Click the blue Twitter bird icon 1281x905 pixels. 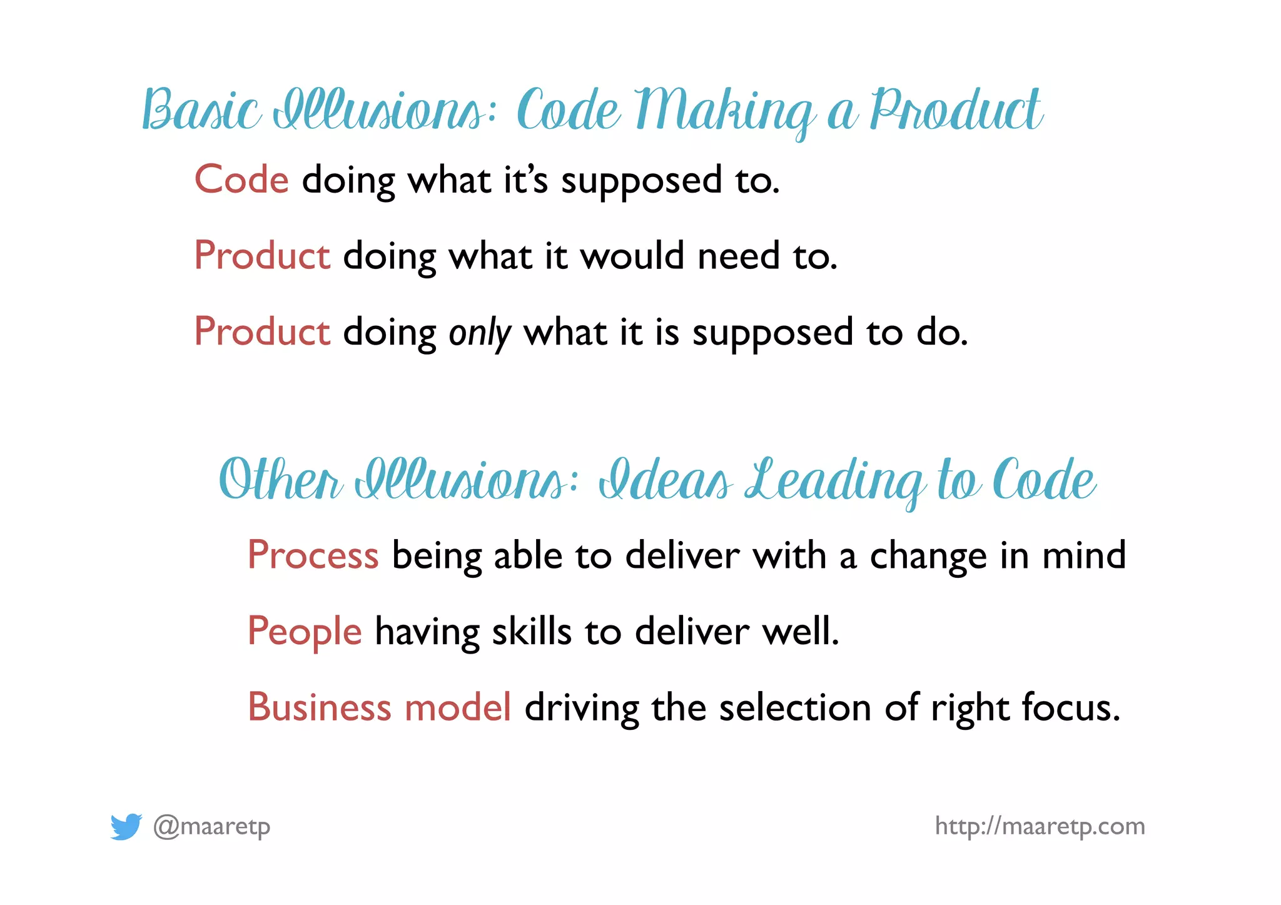point(126,826)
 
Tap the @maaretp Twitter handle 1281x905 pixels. point(212,827)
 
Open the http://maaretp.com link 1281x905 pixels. point(1040,826)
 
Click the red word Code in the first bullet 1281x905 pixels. point(241,179)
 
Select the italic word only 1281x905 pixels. point(480,333)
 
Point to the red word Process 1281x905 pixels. point(313,555)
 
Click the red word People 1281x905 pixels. point(305,632)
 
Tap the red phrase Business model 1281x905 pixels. point(379,707)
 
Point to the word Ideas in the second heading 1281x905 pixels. point(665,480)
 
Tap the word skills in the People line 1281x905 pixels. point(532,632)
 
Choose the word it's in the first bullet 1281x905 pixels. point(525,179)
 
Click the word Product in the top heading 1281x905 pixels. point(955,110)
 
